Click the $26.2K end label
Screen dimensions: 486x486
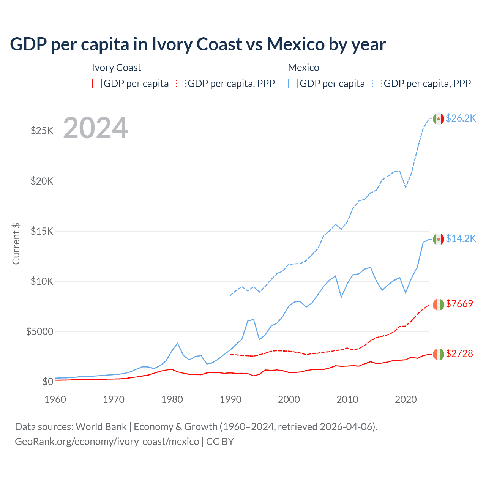461,118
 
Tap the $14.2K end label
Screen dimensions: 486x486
461,238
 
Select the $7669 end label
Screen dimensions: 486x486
459,304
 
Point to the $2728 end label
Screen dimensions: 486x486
459,353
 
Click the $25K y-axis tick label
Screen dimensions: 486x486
42,131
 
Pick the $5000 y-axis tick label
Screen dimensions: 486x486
40,331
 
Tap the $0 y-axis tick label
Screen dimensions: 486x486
47,382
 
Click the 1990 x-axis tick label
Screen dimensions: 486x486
230,399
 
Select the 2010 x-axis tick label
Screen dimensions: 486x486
347,399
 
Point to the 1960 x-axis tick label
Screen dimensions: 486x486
55,399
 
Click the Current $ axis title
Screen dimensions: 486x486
16,244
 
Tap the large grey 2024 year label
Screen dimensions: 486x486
96,128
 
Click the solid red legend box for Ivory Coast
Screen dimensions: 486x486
97,84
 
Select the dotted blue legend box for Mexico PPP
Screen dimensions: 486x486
377,84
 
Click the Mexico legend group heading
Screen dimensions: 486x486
303,68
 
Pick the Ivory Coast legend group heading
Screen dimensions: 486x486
116,68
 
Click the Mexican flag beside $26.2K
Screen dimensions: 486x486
439,119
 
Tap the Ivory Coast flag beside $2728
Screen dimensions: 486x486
439,354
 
